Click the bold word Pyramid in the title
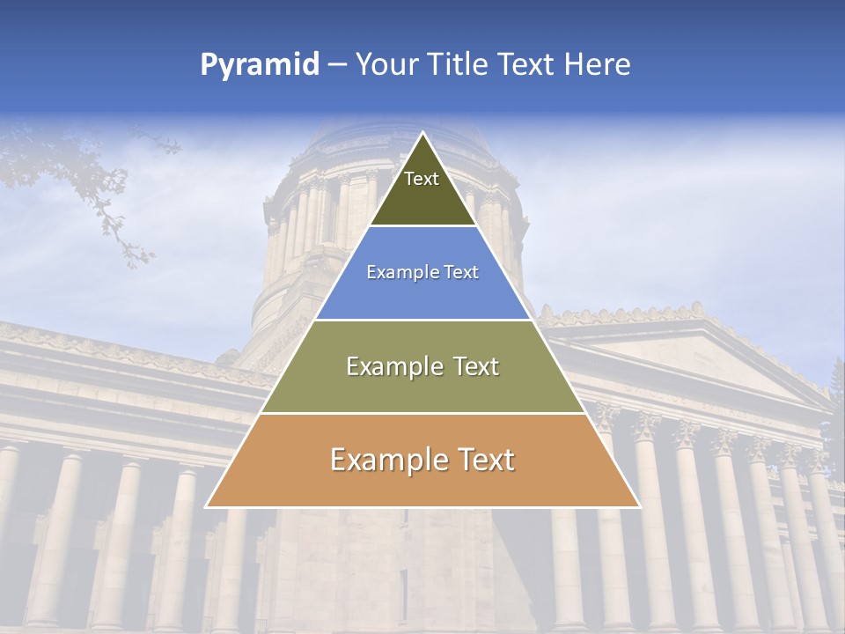coord(259,65)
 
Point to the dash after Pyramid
coord(336,65)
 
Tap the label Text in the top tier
coord(422,179)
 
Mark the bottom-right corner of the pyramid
coord(639,506)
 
